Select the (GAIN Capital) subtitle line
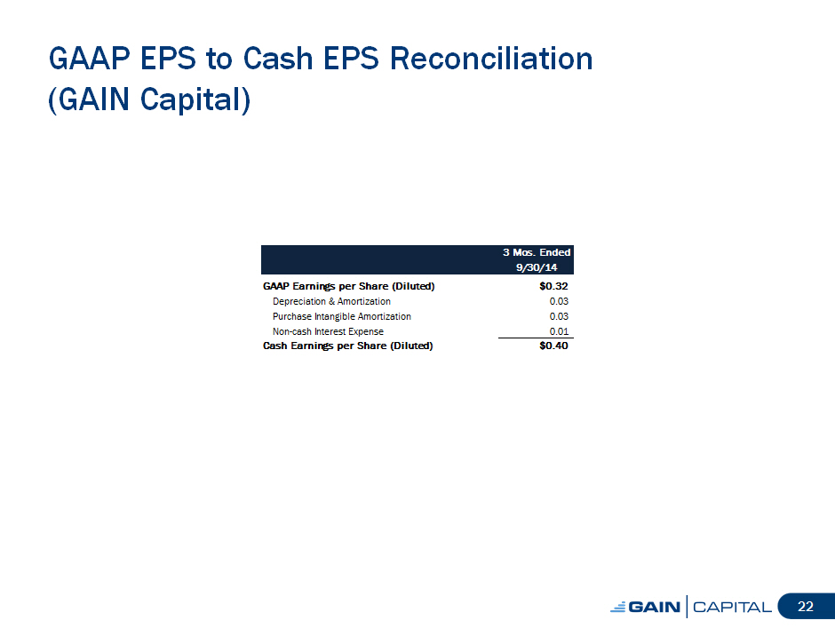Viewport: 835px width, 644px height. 149,99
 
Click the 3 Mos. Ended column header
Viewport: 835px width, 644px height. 537,252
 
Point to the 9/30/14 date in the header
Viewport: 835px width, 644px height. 537,267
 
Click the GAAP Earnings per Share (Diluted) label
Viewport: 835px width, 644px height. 349,287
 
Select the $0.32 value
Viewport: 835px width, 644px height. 553,286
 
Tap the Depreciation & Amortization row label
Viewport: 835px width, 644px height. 331,301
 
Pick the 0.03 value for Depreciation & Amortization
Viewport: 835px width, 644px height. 559,301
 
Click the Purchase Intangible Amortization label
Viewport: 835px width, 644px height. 341,316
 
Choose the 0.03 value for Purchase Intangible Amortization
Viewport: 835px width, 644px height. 559,316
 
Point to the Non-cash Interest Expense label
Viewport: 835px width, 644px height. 328,331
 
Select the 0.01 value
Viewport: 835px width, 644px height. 559,331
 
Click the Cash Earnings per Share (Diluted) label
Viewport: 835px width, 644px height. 347,346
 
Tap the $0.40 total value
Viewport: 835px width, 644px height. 553,346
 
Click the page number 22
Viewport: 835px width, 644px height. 805,606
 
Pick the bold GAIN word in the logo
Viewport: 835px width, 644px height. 655,608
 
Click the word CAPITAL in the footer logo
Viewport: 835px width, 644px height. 732,608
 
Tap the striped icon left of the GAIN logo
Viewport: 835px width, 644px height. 618,608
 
